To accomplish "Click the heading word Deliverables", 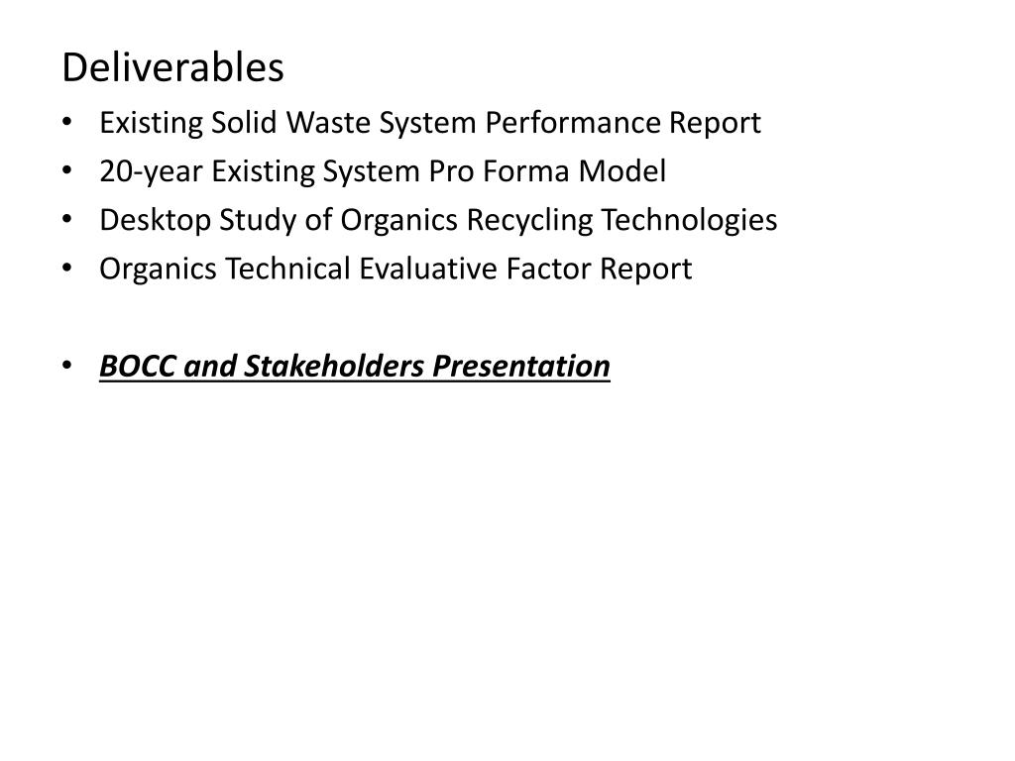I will pos(172,68).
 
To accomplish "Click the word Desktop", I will pos(146,220).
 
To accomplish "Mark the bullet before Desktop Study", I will pos(66,220).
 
